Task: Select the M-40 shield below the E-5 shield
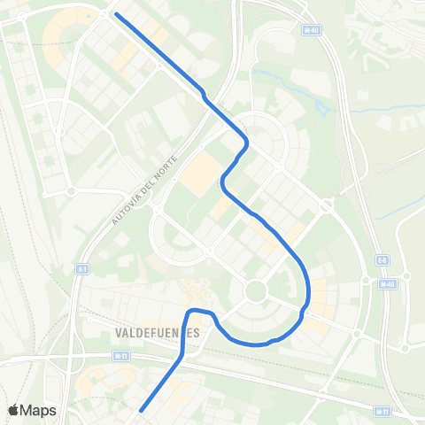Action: pyautogui.click(x=390, y=283)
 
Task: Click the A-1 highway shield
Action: pyautogui.click(x=81, y=267)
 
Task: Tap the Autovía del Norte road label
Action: pyautogui.click(x=147, y=189)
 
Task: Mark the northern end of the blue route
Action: pyautogui.click(x=116, y=15)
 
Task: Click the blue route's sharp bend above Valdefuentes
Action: pyautogui.click(x=189, y=312)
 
